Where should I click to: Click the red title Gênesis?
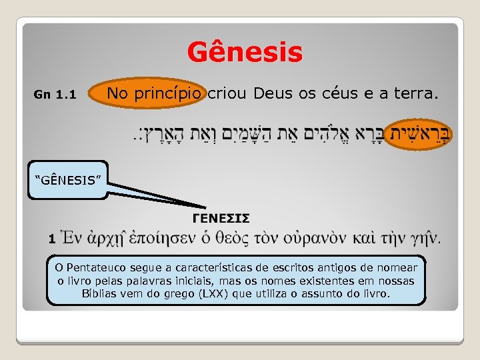(245, 52)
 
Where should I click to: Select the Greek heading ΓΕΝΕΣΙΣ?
(221, 217)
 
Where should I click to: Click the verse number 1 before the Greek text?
(51, 237)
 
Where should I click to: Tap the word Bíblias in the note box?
(101, 293)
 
